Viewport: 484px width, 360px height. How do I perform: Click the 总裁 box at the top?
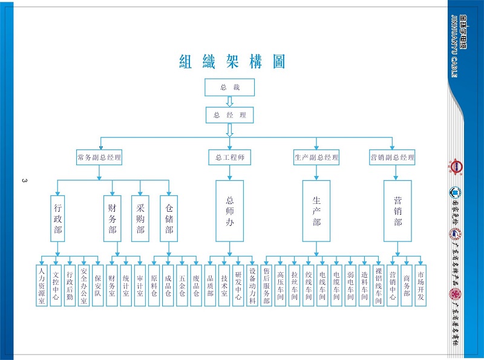tap(229, 88)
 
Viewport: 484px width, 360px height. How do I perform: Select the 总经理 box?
tap(229, 115)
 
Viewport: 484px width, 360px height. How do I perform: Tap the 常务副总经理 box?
tap(99, 158)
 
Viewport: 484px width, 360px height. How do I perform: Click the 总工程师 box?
tap(229, 158)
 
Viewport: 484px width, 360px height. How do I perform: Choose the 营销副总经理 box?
tap(392, 158)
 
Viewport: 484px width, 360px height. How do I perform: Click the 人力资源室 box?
tap(42, 284)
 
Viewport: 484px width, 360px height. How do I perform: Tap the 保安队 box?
tap(98, 284)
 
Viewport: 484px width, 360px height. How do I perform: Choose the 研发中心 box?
tap(238, 284)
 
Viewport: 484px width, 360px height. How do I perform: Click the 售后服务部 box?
tap(266, 284)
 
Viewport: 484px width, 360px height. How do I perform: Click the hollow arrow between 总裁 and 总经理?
tap(229, 102)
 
